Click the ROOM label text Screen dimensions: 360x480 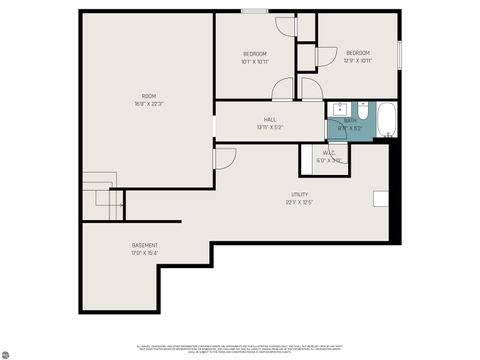click(x=148, y=96)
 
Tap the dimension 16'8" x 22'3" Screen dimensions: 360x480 click(x=148, y=104)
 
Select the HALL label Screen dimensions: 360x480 click(x=270, y=119)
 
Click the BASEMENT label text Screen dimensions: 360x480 click(x=144, y=245)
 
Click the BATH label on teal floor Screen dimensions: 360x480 click(x=350, y=120)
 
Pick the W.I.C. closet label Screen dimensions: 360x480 click(x=329, y=153)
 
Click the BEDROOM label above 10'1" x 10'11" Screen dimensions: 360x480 click(x=256, y=53)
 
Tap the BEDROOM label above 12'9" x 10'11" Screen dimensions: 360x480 click(x=358, y=53)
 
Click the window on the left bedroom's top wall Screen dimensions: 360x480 click(x=254, y=11)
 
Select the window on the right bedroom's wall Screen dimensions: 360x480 click(x=400, y=55)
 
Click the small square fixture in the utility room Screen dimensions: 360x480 click(x=382, y=198)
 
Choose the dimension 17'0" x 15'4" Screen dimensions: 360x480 click(x=144, y=253)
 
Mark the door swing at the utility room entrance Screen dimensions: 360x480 click(x=224, y=158)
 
